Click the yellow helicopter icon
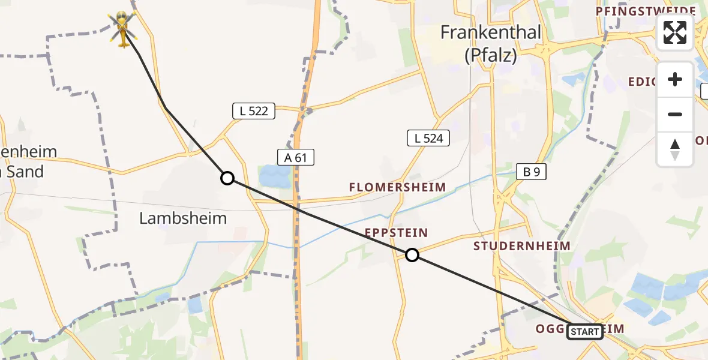coord(122,28)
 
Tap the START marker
coord(584,331)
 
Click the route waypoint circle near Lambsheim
coord(227,178)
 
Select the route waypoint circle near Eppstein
coord(412,255)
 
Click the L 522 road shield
coord(253,111)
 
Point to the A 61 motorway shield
coord(296,157)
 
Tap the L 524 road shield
coord(428,138)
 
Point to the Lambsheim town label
coord(183,218)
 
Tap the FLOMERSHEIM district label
coord(398,187)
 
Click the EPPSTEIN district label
coord(395,232)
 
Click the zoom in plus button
coord(675,79)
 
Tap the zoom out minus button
coord(675,114)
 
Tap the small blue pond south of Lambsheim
coord(194,305)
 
